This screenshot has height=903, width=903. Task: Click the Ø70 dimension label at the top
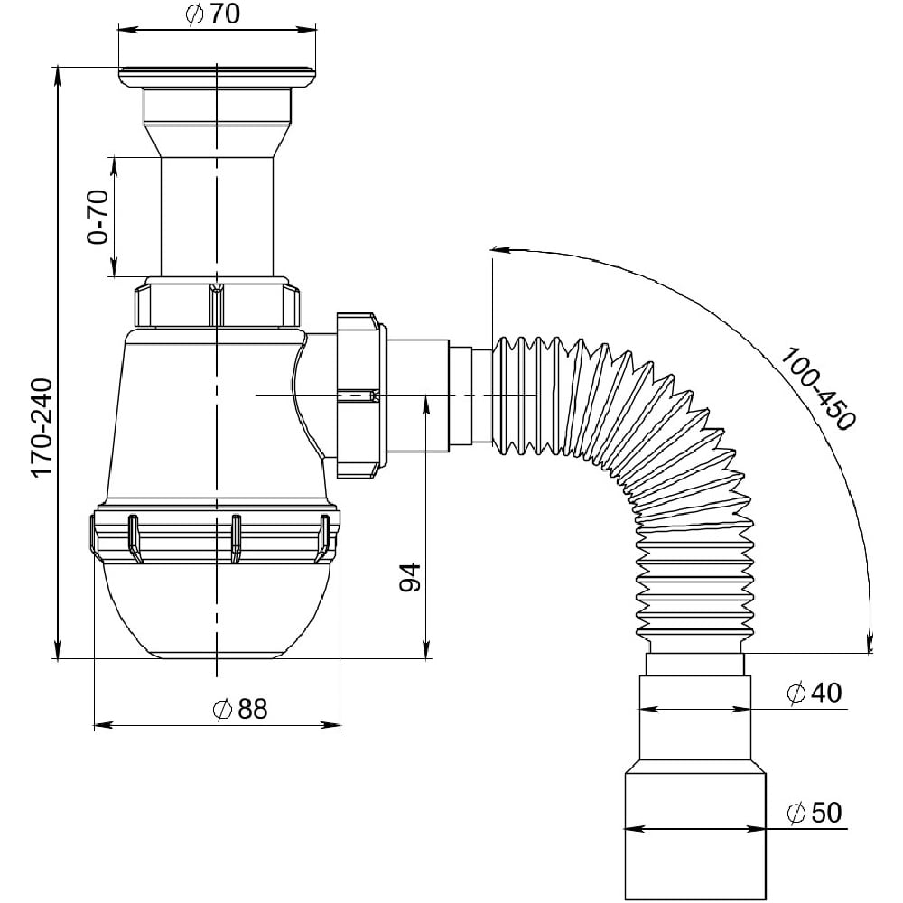point(213,14)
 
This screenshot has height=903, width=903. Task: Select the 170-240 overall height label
point(42,427)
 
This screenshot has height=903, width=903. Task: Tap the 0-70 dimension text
point(98,217)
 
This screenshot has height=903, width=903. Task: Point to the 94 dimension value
point(410,577)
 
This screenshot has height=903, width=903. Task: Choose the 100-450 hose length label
point(818,388)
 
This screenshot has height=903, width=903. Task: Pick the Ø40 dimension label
point(815,693)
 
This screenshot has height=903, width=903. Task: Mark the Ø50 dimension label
point(815,813)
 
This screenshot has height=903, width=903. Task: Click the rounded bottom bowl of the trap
point(217,610)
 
